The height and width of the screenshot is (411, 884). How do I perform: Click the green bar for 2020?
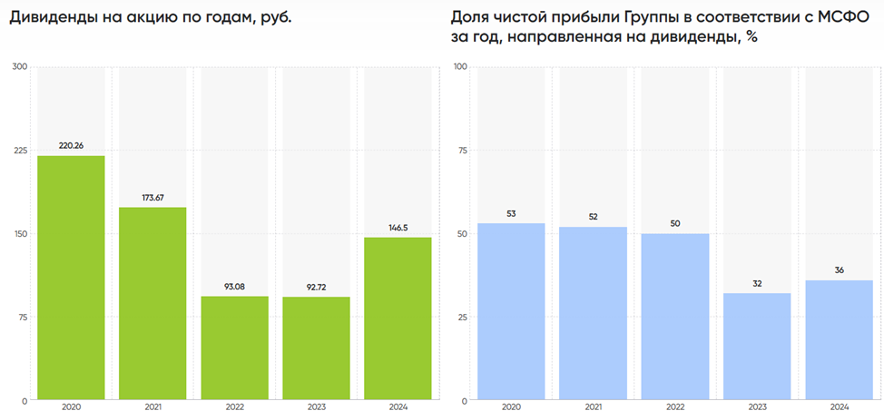[x=71, y=278]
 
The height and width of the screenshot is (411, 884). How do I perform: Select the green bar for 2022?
[x=234, y=347]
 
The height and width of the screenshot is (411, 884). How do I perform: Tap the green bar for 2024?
[x=398, y=318]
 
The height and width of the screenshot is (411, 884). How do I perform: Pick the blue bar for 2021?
[x=593, y=313]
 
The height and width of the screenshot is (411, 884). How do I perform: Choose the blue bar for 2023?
[x=757, y=346]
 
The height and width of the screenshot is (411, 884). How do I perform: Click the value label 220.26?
[x=71, y=145]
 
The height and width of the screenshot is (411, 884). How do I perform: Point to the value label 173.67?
[x=152, y=197]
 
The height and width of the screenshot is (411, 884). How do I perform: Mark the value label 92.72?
[x=316, y=287]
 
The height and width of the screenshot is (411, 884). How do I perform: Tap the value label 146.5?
[x=398, y=227]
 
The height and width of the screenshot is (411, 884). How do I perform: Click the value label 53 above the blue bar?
[x=511, y=213]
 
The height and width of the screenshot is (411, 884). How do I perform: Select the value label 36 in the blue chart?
[x=839, y=269]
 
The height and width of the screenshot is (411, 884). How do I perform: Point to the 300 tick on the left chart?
[x=20, y=66]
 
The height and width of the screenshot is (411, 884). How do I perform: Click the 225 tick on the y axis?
[x=20, y=150]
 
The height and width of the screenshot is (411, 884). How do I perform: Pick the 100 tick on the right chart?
[x=460, y=66]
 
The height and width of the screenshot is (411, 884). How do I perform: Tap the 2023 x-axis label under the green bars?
[x=316, y=406]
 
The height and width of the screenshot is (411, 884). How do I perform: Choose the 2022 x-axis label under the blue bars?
[x=675, y=406]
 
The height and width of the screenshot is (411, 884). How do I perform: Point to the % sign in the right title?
[x=751, y=37]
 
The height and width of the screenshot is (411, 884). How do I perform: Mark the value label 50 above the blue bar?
[x=675, y=223]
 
